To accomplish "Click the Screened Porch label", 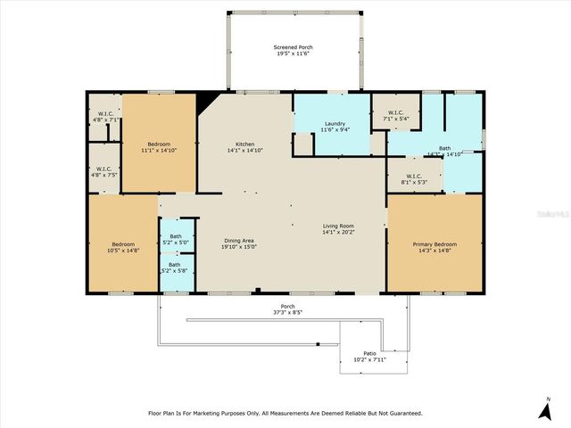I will tap(293, 47).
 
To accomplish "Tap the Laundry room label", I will tap(335, 125).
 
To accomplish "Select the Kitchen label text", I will tap(244, 144).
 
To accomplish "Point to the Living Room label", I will tap(338, 226).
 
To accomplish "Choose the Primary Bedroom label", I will tap(434, 243).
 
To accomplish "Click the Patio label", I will tap(369, 354).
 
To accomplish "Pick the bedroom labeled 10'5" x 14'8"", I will tap(122, 244).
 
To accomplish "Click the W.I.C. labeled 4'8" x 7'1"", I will tap(103, 115).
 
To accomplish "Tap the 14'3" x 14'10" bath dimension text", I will tap(443, 154).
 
